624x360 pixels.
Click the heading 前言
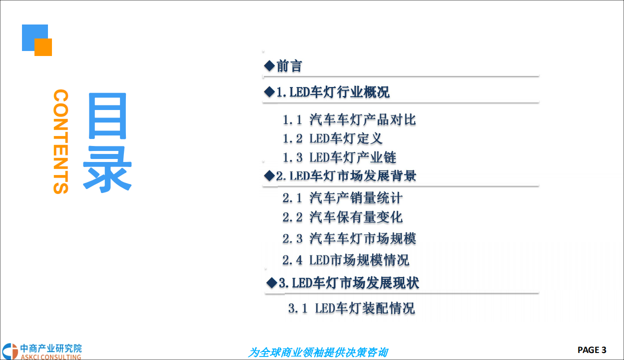coord(289,66)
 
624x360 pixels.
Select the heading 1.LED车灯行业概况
coord(333,92)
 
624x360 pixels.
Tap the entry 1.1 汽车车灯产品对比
coord(349,119)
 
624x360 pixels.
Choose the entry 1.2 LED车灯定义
coord(332,138)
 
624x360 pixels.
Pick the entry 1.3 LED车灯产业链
coord(339,157)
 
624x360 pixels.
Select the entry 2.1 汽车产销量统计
coord(342,198)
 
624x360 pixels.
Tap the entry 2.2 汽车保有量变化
coord(342,217)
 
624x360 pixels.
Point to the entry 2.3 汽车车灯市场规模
coord(349,238)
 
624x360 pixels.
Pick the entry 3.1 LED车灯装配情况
coord(351,308)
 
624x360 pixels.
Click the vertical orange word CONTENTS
coord(60,141)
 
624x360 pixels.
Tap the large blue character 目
coord(107,116)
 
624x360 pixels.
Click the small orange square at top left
coord(43,47)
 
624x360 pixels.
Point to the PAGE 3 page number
coord(592,349)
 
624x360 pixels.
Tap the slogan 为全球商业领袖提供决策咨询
coord(318,352)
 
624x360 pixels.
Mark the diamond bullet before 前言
coord(269,65)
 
